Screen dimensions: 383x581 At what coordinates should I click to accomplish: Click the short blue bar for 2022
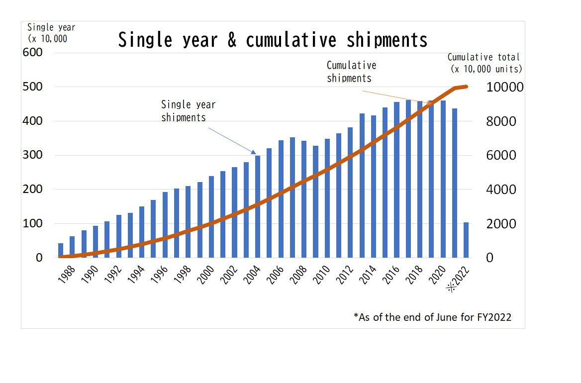[466, 240]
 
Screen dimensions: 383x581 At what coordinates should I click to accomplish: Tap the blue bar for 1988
[61, 251]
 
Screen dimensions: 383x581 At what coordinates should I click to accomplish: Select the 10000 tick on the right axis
[505, 88]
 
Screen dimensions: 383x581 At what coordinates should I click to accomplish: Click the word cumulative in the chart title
[290, 40]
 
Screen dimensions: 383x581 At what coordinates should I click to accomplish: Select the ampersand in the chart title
[232, 40]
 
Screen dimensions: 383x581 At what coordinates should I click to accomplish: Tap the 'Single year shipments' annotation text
[188, 111]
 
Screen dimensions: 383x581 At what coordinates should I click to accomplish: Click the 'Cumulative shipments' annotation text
[351, 72]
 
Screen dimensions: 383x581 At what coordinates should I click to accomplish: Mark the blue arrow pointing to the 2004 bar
[232, 140]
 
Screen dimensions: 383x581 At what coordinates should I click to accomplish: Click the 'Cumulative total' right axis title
[484, 58]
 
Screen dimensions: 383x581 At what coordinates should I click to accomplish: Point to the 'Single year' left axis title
[51, 27]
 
